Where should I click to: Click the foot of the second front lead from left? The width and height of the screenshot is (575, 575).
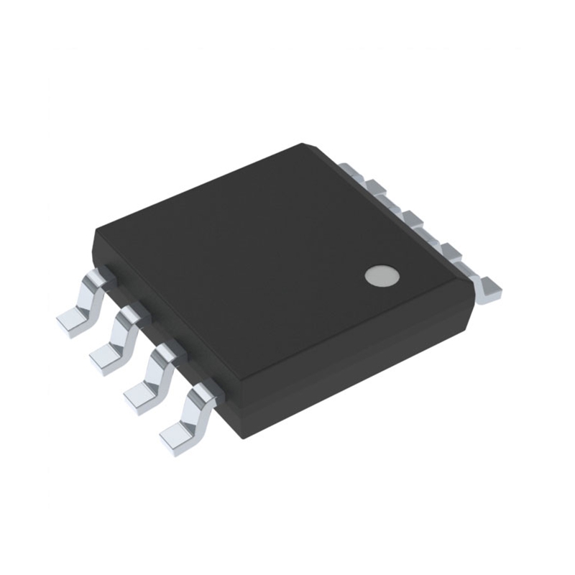[106, 357]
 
